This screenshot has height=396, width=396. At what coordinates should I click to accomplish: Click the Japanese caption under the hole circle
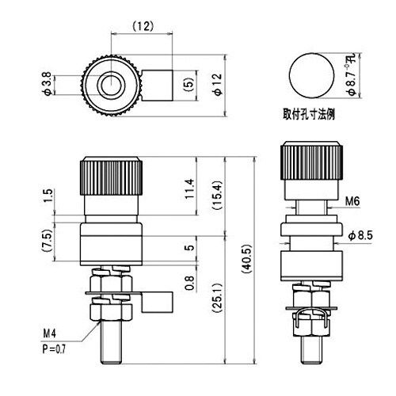[x=310, y=112]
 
